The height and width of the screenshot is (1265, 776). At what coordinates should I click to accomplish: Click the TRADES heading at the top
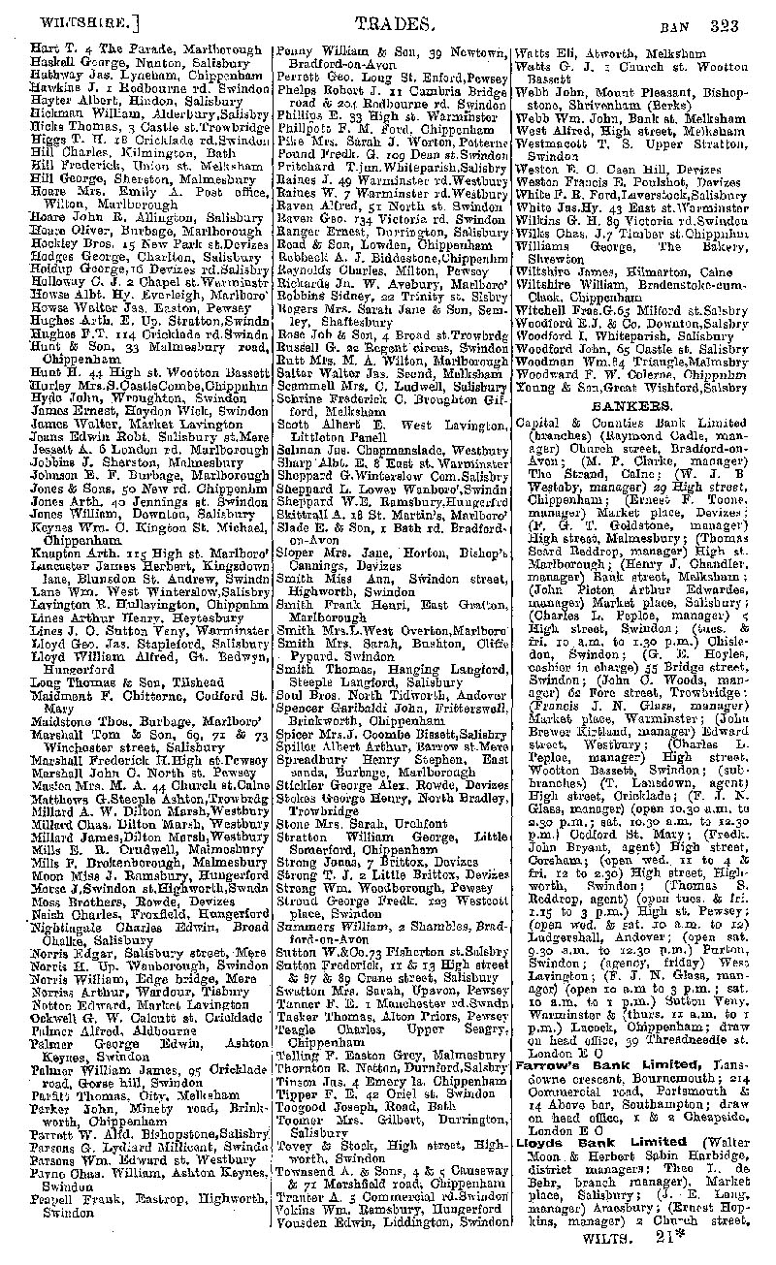[388, 25]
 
